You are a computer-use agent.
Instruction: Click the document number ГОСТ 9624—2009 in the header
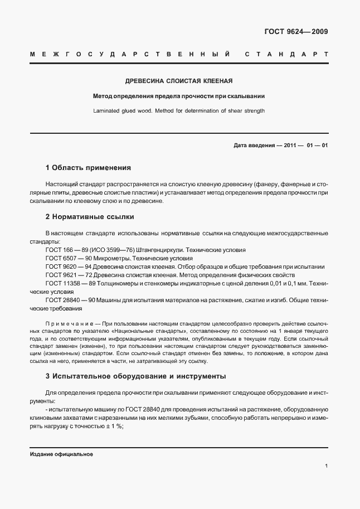pyautogui.click(x=296, y=32)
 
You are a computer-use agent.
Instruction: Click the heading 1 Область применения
pyautogui.click(x=87, y=167)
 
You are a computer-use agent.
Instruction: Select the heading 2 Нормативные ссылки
pyautogui.click(x=89, y=216)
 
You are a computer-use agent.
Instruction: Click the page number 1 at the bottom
pyautogui.click(x=326, y=466)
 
